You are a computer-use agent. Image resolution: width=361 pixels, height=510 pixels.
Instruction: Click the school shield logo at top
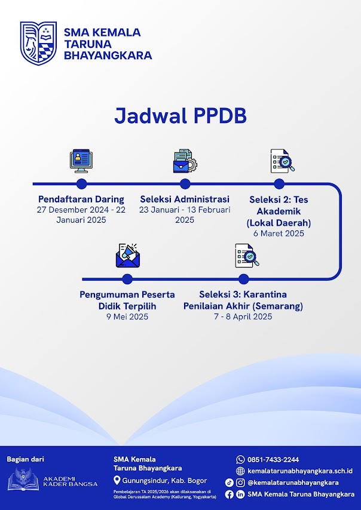[38, 43]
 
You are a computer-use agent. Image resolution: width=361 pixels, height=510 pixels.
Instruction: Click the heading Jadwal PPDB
[180, 116]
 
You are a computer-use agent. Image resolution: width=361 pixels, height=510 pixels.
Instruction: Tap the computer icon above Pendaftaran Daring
[81, 160]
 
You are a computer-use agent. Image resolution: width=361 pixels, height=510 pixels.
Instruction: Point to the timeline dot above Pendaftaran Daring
[81, 183]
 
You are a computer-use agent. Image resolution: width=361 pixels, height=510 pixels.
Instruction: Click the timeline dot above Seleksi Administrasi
[185, 183]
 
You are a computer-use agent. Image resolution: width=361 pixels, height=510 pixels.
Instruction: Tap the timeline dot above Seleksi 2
[279, 183]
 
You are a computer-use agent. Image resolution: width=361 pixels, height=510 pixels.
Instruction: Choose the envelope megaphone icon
[127, 255]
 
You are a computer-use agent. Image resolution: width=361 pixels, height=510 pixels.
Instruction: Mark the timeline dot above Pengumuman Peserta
[127, 278]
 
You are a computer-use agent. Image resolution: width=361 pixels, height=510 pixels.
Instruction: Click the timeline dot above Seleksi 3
[243, 278]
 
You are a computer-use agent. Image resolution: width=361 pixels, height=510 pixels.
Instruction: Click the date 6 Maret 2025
[279, 234]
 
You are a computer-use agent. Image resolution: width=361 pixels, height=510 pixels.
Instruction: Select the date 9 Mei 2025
[127, 317]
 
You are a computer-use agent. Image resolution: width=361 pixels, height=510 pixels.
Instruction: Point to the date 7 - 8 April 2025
[243, 317]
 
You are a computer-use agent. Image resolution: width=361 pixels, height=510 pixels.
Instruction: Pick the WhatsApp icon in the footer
[240, 459]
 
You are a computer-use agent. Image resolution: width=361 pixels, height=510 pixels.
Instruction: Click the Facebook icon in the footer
[229, 494]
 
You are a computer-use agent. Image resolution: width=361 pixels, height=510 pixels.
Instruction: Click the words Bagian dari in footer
[25, 459]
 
